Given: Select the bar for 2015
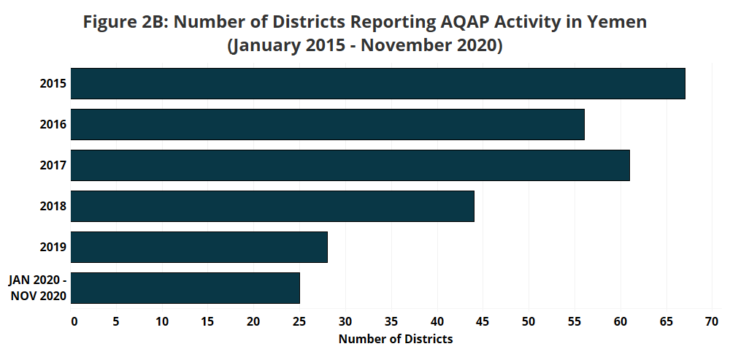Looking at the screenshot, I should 378,83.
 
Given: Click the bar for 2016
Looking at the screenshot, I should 328,124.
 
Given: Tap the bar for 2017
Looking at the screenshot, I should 350,165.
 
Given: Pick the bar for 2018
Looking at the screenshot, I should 273,206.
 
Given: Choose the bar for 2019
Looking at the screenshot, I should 199,247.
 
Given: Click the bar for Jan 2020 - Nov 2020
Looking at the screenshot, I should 185,288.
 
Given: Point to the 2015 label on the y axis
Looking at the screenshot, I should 53,84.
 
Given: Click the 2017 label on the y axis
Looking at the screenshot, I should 53,166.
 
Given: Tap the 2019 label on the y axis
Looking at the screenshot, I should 53,248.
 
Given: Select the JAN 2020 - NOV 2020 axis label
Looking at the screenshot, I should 38,288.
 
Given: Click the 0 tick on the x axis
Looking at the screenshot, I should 73,321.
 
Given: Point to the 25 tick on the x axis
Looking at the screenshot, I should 299,321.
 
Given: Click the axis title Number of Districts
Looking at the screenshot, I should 396,339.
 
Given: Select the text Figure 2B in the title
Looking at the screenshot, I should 124,22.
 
